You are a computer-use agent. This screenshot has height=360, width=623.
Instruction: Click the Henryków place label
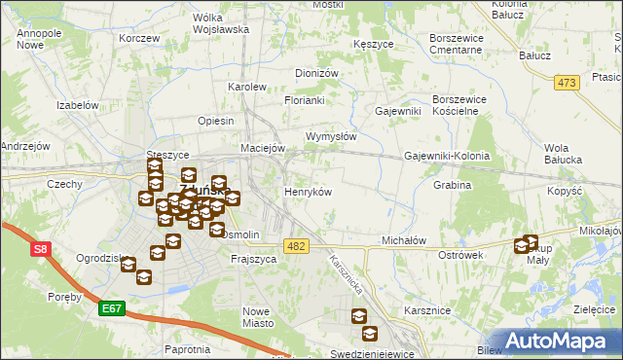click(308, 193)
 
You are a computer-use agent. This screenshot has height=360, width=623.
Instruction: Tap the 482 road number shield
click(298, 247)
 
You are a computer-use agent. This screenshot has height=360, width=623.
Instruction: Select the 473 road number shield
click(568, 83)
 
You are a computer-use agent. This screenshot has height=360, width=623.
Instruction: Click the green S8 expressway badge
click(40, 251)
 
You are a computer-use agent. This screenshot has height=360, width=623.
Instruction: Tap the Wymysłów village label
click(331, 137)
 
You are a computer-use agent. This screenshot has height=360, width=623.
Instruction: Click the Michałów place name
click(404, 240)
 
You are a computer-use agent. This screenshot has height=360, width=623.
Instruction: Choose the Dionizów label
click(316, 73)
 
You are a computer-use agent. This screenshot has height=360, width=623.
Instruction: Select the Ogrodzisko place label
click(104, 259)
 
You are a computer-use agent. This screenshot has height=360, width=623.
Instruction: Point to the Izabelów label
click(79, 104)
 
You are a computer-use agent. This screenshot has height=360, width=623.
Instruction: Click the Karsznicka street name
click(347, 276)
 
